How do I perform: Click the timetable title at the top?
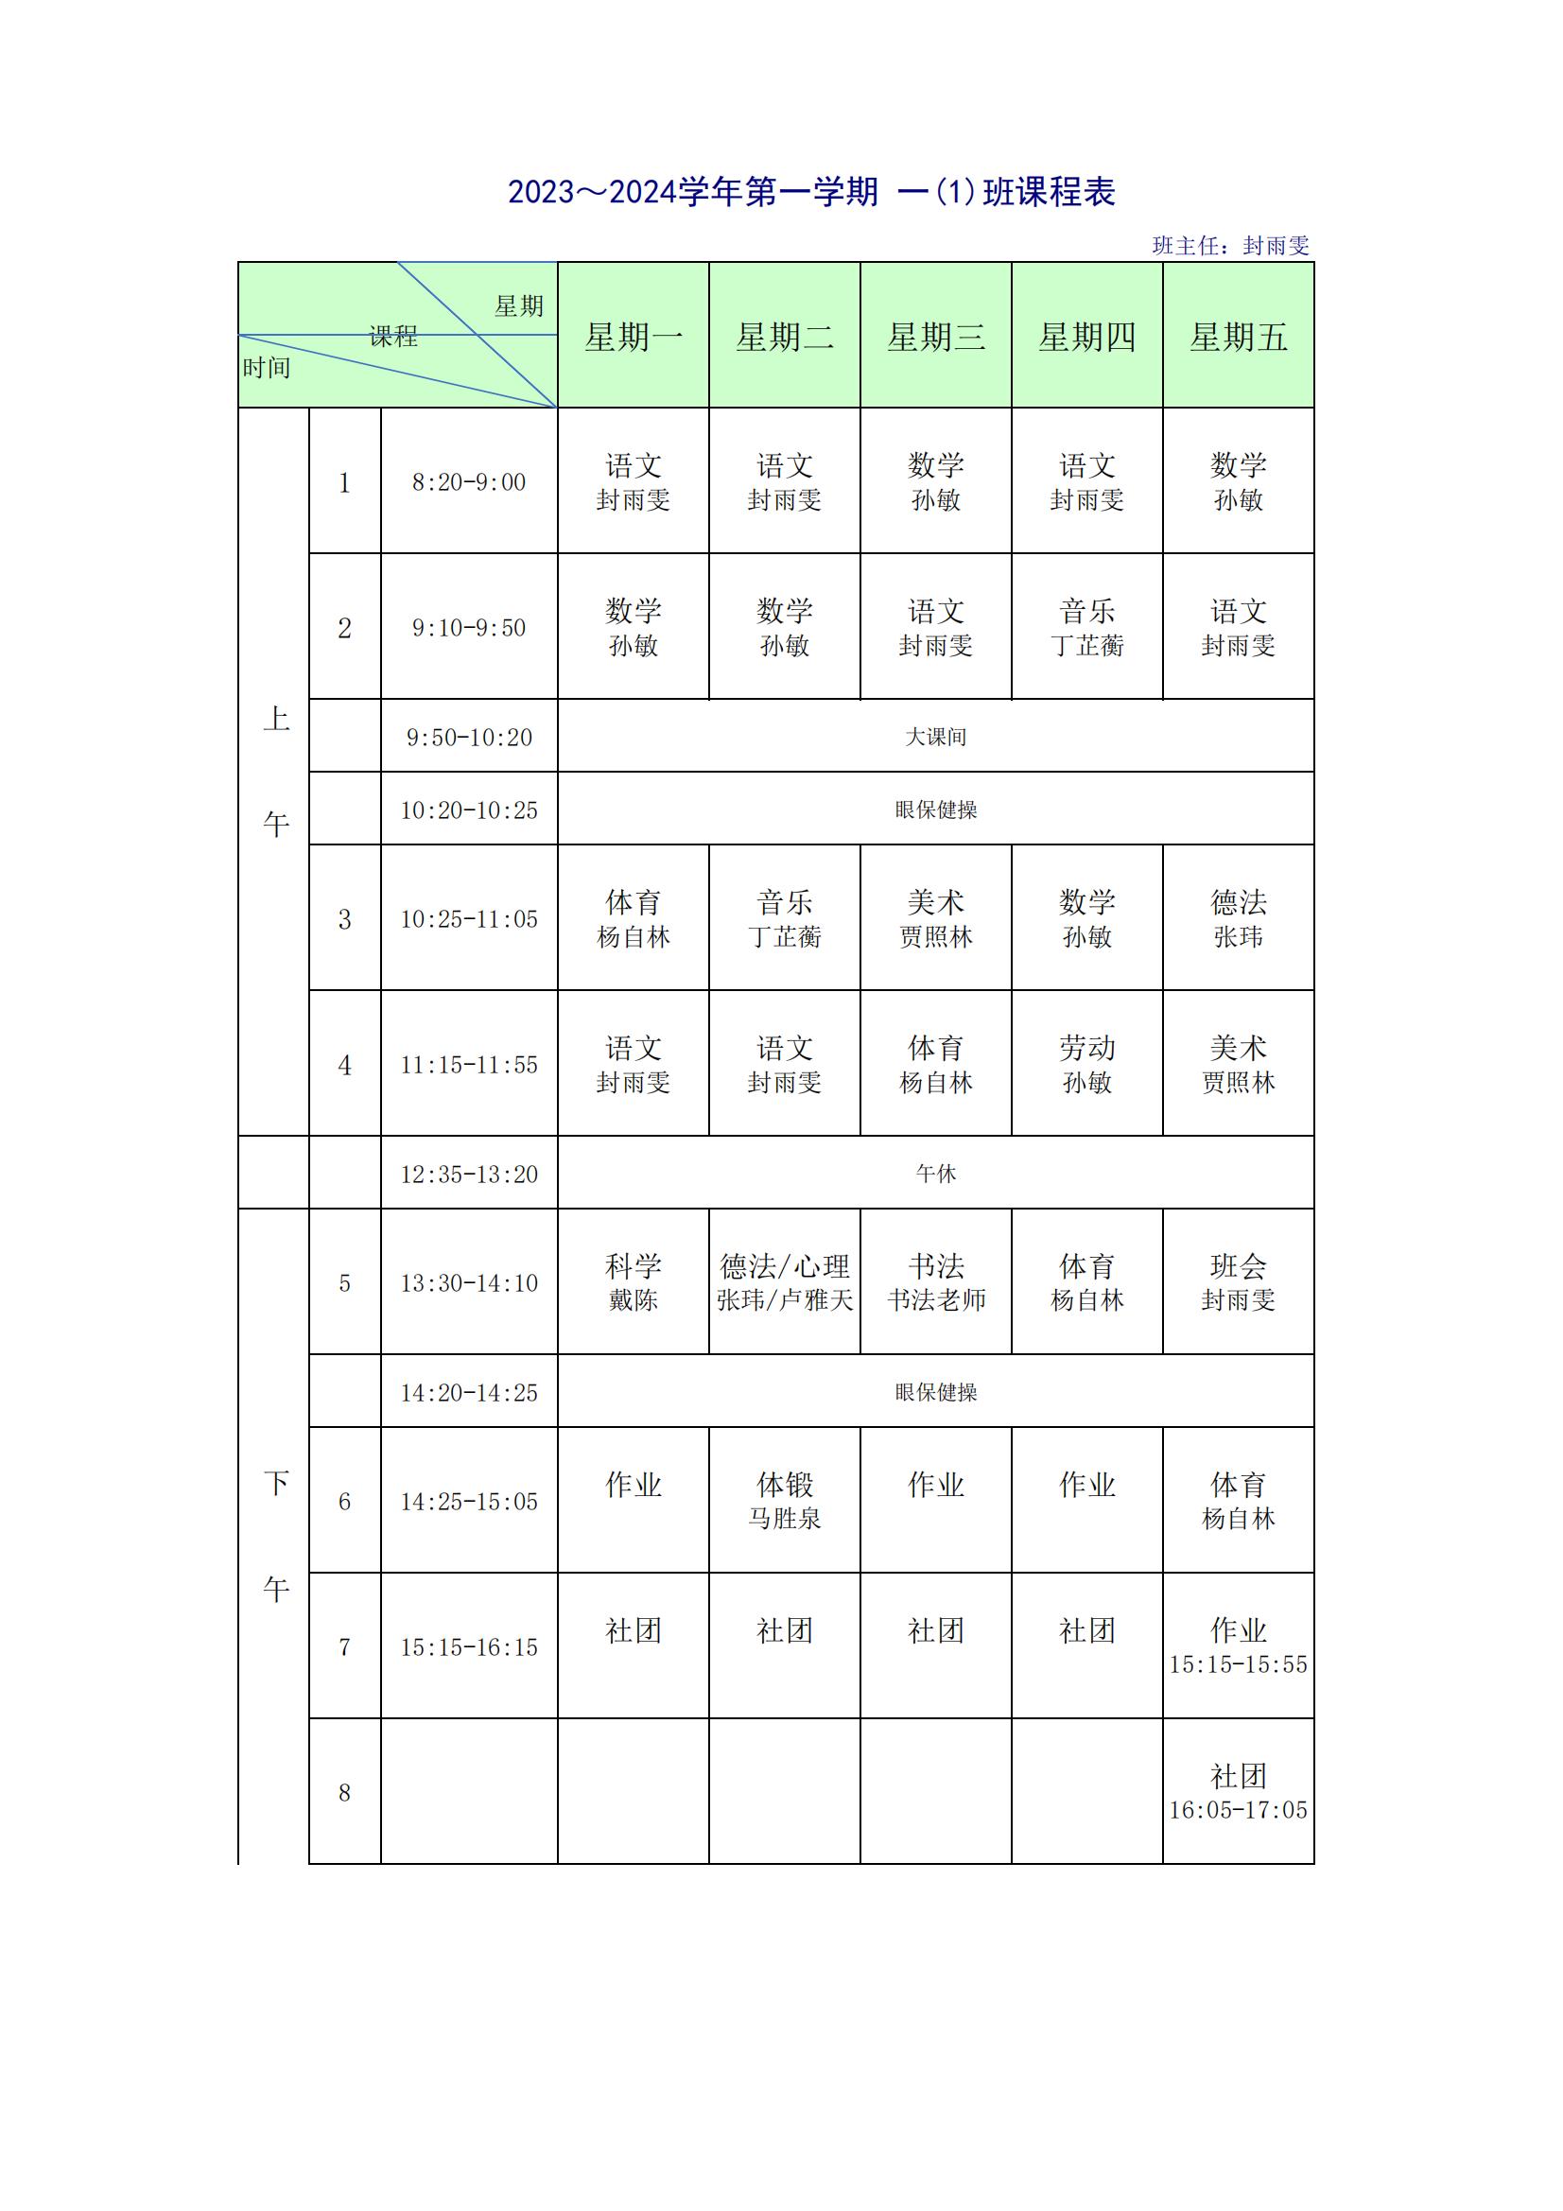click(811, 193)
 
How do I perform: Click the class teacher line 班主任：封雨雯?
click(1230, 246)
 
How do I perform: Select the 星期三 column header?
click(935, 337)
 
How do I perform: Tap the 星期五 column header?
click(1238, 337)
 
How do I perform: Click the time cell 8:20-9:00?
click(469, 482)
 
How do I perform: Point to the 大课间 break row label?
click(935, 737)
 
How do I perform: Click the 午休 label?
click(935, 1174)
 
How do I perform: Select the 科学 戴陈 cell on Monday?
click(633, 1282)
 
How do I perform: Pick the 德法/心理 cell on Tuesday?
click(784, 1282)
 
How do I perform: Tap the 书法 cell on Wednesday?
click(935, 1282)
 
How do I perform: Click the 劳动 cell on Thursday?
click(1086, 1064)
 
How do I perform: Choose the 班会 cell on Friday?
click(1238, 1282)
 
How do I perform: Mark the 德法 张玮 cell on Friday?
click(1238, 918)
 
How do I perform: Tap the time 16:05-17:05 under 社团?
click(1238, 1810)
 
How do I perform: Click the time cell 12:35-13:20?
click(469, 1174)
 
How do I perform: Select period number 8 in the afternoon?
click(345, 1792)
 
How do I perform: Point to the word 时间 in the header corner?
click(267, 368)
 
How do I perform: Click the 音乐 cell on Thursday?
click(1086, 628)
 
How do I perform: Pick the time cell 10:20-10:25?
click(469, 810)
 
